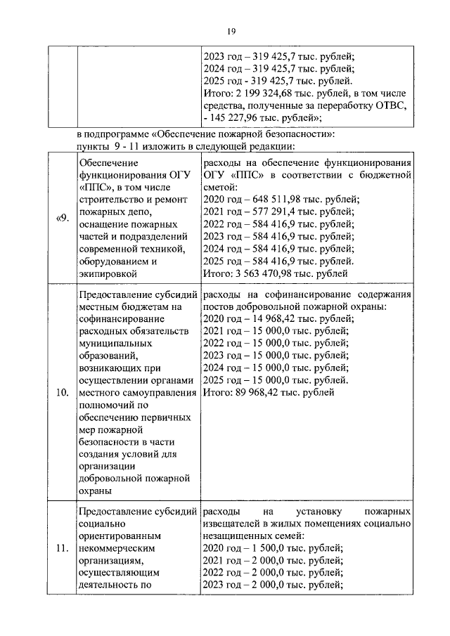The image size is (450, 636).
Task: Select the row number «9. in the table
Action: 61,218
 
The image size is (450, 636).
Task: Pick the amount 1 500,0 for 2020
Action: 269,548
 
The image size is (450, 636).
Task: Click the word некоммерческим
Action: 117,548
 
